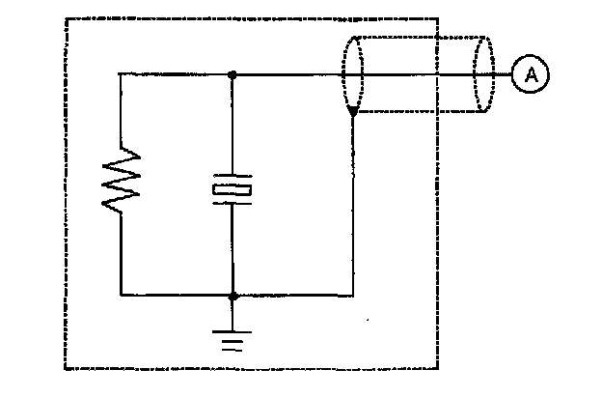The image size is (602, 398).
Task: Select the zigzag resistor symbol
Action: (x=123, y=181)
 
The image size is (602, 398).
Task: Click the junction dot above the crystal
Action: (x=233, y=74)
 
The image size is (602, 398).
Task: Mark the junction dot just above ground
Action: (x=233, y=296)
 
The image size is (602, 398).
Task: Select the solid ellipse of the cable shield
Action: (x=353, y=74)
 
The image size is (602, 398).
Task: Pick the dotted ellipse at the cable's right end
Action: (x=481, y=74)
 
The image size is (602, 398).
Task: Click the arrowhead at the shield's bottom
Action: (x=353, y=113)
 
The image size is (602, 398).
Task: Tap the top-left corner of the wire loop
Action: (x=120, y=74)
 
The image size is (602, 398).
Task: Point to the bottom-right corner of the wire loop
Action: (x=353, y=296)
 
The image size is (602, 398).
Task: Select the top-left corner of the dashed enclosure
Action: (x=66, y=18)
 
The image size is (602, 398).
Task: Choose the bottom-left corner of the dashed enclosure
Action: (x=66, y=370)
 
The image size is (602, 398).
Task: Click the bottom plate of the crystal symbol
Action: (x=233, y=201)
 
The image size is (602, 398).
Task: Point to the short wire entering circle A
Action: (x=502, y=74)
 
